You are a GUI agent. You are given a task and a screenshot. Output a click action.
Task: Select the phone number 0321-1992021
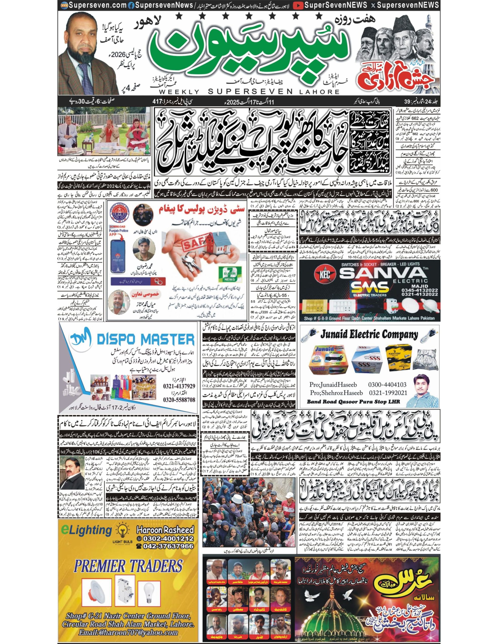[x=387, y=393]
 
